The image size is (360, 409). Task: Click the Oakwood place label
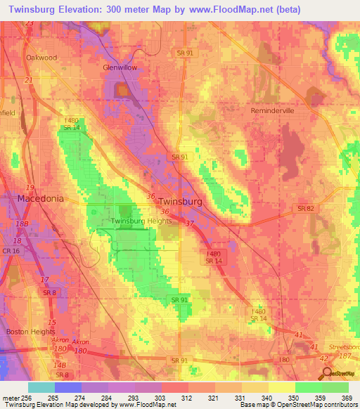[41, 58]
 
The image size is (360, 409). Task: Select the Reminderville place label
[276, 111]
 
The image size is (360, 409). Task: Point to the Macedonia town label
[40, 199]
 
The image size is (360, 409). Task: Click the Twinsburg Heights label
[141, 221]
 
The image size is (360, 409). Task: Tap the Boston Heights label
[30, 331]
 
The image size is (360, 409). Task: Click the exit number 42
[324, 358]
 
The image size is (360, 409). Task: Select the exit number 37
[190, 223]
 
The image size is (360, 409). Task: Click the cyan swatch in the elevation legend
[41, 387]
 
